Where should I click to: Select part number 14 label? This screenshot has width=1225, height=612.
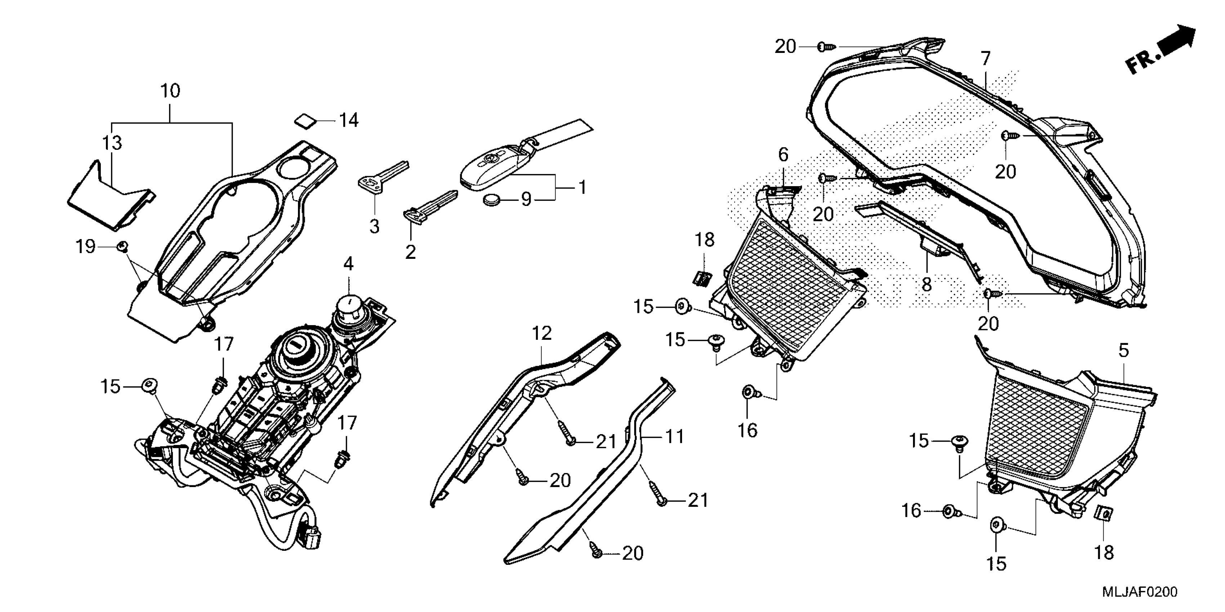(x=348, y=121)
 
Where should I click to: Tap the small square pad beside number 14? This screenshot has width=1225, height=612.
(x=305, y=120)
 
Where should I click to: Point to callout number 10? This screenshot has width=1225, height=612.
(x=170, y=91)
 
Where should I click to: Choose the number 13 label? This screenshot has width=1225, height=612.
(x=112, y=143)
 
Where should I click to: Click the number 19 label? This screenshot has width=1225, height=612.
(x=86, y=247)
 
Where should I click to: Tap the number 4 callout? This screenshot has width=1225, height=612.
(x=348, y=264)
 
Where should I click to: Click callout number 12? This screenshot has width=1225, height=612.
(x=542, y=334)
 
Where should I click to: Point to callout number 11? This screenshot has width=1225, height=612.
(x=674, y=436)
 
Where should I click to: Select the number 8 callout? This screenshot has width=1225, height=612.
(x=926, y=285)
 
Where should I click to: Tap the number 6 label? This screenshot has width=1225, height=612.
(x=783, y=154)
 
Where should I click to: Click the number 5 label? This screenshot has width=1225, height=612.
(x=1123, y=351)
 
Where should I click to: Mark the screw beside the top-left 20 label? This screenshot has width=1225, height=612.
(x=827, y=47)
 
